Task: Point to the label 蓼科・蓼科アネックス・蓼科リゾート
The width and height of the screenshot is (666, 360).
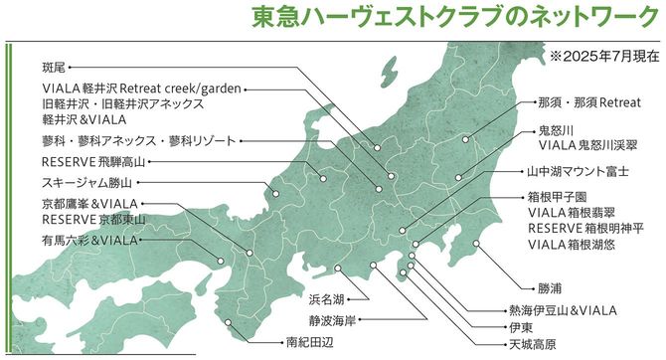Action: (125, 140)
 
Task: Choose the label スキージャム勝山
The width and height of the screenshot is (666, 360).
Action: (86, 183)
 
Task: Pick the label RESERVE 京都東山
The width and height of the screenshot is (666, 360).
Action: (92, 219)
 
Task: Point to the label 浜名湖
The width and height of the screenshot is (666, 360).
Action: (327, 298)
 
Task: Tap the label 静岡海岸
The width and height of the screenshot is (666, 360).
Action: (332, 320)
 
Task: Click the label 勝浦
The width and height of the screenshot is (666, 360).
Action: (550, 288)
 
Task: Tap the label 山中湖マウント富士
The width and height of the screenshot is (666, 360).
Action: (578, 170)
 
